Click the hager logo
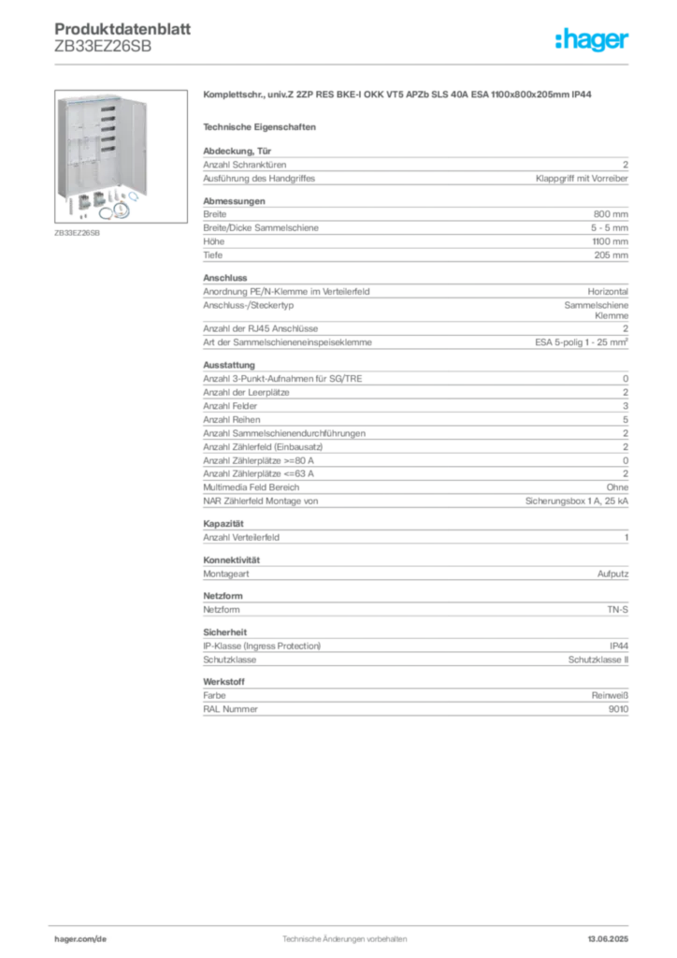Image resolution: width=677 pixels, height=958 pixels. [x=592, y=40]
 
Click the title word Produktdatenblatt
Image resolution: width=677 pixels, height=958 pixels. [x=122, y=29]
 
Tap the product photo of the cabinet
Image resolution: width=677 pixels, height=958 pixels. [x=121, y=156]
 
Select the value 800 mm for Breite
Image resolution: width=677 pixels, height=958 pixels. [x=611, y=214]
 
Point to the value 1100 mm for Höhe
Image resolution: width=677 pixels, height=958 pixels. [x=610, y=242]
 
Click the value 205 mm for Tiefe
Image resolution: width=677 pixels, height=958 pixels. [x=611, y=255]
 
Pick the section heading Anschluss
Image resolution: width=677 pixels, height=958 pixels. [x=225, y=278]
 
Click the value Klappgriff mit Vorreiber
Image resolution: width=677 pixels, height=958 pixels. [x=582, y=179]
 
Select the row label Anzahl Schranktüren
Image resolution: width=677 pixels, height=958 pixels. [x=245, y=165]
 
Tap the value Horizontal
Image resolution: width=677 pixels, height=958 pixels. [x=608, y=292]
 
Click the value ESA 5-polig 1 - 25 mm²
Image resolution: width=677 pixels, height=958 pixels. [x=582, y=342]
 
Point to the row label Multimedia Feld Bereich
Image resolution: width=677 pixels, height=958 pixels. [x=252, y=487]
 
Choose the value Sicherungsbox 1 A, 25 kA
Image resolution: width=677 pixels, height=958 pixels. [x=577, y=501]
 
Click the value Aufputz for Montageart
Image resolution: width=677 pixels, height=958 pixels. [x=612, y=574]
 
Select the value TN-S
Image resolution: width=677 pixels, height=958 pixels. [x=618, y=610]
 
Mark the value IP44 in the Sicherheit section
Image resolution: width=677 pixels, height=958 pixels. [x=619, y=646]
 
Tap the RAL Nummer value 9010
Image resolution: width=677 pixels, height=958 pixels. [x=618, y=709]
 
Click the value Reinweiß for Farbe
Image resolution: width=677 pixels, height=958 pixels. [x=610, y=696]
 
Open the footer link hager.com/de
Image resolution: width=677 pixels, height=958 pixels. [x=80, y=939]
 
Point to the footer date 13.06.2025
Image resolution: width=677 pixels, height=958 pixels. [x=608, y=939]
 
